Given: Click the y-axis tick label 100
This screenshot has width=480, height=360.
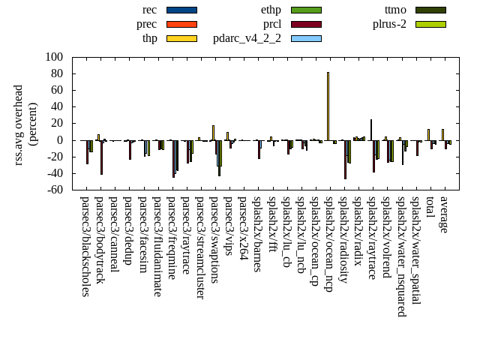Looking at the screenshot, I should point(52,57).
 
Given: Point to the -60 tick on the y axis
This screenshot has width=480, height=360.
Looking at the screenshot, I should point(54,190).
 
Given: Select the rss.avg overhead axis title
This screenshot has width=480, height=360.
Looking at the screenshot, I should point(24,124).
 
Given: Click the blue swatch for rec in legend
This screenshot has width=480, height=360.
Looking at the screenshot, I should point(181,10).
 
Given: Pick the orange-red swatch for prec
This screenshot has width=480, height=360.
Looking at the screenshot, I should point(181,24).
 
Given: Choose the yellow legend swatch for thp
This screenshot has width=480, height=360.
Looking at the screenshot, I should point(181,38).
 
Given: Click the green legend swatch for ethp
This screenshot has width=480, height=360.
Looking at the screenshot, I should point(306,10).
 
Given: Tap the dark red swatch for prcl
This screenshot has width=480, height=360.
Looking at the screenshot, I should point(306,24).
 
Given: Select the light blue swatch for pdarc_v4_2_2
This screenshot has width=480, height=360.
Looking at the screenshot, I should point(306,38).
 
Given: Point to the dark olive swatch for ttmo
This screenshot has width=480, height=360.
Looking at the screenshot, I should point(430,10).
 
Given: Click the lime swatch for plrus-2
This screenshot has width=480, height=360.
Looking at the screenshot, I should point(430,24).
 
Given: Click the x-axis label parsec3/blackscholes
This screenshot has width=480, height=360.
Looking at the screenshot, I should point(85,246).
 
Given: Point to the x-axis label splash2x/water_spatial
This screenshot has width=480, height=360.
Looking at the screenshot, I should point(415,250).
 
